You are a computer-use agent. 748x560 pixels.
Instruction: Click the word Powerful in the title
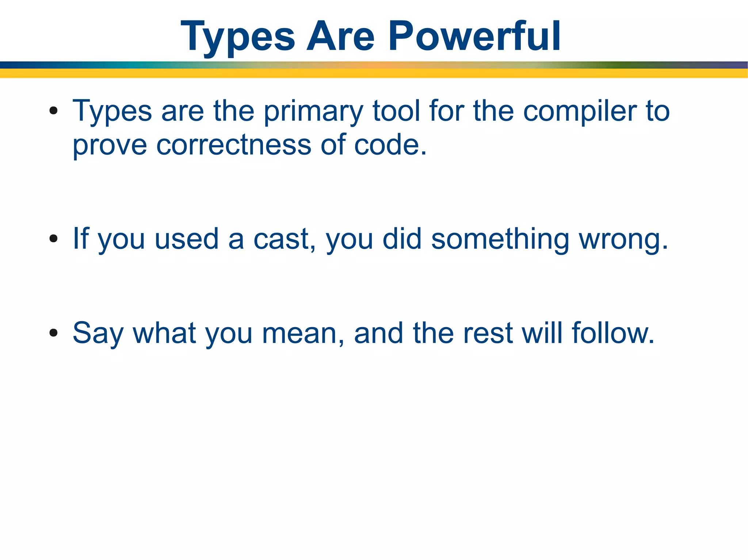point(474,36)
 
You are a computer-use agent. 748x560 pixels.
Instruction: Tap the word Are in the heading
point(340,36)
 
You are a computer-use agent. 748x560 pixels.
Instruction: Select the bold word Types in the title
point(238,36)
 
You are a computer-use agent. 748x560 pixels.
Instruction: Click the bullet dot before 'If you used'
point(54,239)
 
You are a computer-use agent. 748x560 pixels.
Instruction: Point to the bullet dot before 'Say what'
point(54,332)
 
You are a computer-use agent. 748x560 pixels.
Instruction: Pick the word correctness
point(234,145)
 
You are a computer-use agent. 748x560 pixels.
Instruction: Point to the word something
point(500,239)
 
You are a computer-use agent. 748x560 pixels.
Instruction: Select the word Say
point(98,333)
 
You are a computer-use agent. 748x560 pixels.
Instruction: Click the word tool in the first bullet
point(396,111)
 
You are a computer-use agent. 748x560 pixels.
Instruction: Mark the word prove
point(110,145)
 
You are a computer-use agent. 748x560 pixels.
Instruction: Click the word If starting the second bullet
point(81,239)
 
